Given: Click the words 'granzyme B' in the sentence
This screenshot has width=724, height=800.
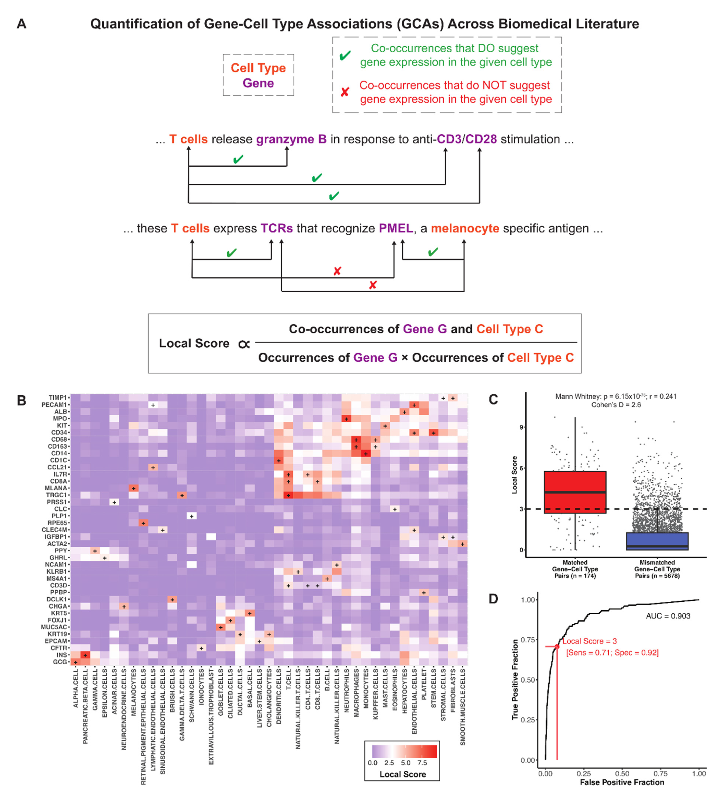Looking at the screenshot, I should click(x=291, y=139).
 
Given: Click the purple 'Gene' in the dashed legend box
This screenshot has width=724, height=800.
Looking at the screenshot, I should click(x=258, y=83).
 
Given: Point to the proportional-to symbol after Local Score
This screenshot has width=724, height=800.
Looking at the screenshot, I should click(x=244, y=344).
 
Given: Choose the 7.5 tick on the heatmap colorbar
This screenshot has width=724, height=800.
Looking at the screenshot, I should click(x=422, y=763).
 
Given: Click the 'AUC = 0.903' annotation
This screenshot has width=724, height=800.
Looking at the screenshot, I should click(x=668, y=616).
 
